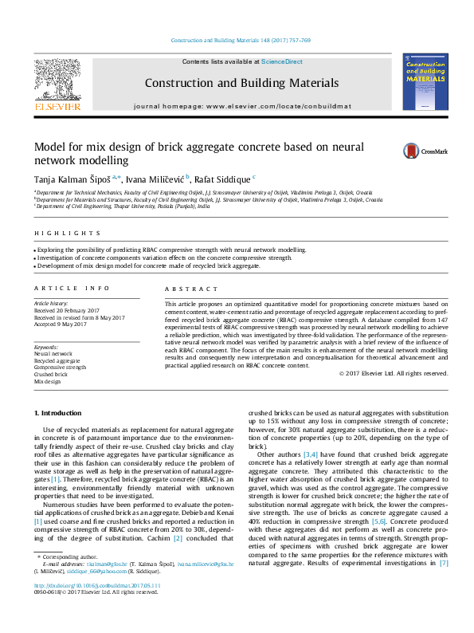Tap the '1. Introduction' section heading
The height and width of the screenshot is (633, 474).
click(60, 412)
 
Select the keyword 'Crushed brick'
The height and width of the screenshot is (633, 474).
click(50, 374)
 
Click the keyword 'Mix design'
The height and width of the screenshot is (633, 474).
click(47, 382)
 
